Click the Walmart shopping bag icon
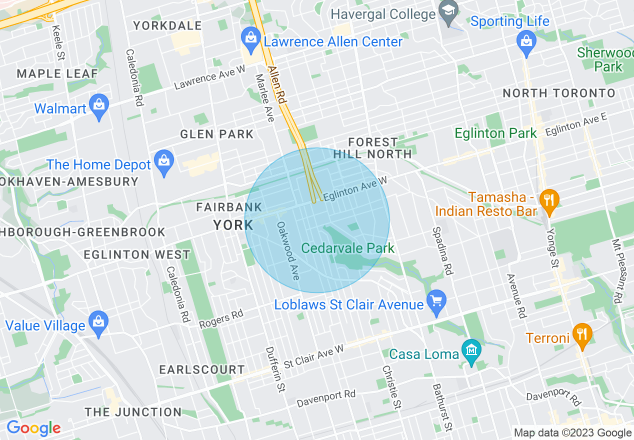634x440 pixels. [99, 106]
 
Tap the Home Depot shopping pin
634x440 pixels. [163, 161]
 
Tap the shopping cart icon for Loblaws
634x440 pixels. [436, 301]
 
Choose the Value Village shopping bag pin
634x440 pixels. [98, 322]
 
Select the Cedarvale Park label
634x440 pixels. [348, 248]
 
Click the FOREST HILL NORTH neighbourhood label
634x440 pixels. [372, 148]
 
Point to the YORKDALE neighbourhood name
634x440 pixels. [167, 25]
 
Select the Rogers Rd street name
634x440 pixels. [221, 319]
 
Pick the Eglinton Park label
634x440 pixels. [495, 133]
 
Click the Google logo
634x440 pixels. [33, 428]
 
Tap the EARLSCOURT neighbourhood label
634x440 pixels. [202, 369]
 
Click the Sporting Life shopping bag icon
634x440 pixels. [526, 41]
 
